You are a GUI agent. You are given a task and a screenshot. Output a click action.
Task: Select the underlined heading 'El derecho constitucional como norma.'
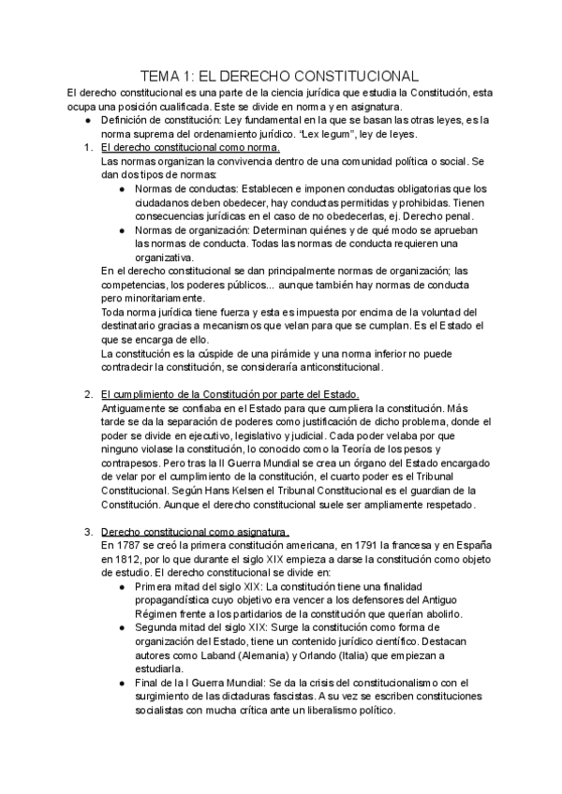[190, 148]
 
